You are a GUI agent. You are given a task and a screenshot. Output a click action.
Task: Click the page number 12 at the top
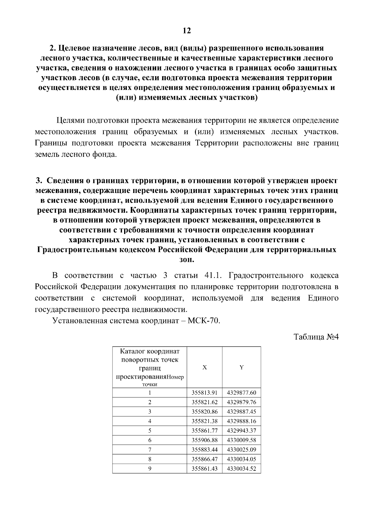tap(186, 30)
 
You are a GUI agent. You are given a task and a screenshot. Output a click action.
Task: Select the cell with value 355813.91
tap(204, 393)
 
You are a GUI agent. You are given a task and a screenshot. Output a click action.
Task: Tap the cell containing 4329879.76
tap(242, 402)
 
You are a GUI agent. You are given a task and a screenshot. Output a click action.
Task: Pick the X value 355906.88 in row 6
tap(204, 440)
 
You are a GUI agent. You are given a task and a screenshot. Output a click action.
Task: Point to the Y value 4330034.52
tap(242, 469)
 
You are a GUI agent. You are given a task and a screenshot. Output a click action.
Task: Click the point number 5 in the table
tap(150, 431)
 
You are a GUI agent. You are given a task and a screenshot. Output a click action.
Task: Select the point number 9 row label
tap(150, 469)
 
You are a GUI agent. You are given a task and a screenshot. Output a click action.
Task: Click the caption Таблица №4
tap(316, 338)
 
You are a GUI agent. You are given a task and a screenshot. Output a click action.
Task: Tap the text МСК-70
tap(203, 321)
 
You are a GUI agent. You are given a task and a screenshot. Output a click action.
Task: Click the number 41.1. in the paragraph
tap(212, 276)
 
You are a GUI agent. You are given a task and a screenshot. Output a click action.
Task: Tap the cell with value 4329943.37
tap(242, 431)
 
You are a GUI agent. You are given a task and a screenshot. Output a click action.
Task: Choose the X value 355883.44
tap(204, 449)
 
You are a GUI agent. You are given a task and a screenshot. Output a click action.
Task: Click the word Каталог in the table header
tap(133, 352)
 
